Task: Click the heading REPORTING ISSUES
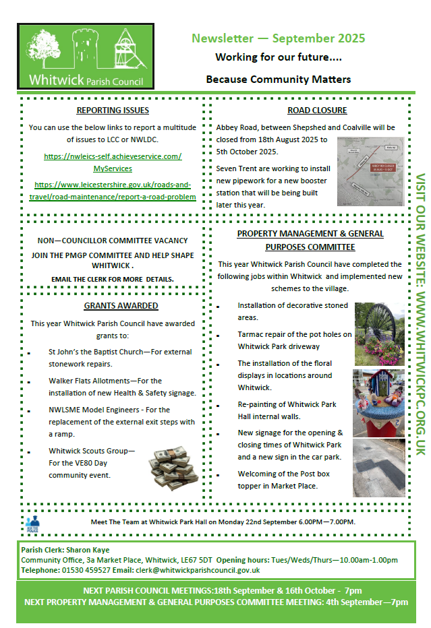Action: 113,111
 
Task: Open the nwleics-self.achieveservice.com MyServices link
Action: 113,162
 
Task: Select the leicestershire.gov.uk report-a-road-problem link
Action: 113,190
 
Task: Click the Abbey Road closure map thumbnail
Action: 370,171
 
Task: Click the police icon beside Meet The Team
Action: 32,522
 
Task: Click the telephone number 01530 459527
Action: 82,570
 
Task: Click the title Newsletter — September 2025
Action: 278,38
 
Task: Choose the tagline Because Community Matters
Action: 278,80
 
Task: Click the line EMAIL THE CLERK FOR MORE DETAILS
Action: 113,279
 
